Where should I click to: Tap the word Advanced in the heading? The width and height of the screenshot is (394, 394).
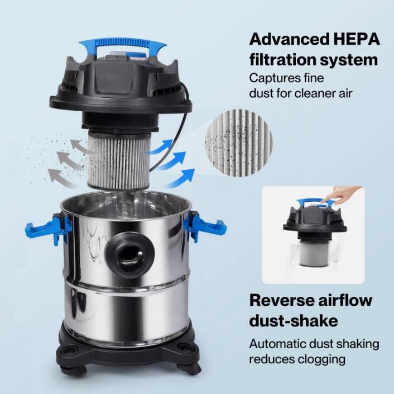289,39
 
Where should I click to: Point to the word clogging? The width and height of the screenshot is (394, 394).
324,360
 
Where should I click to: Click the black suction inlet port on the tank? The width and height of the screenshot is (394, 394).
129,254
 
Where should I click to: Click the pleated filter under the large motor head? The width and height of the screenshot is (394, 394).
118,161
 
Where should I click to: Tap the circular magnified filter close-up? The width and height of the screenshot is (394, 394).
239,143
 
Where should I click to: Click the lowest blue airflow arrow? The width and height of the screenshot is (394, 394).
180,179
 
